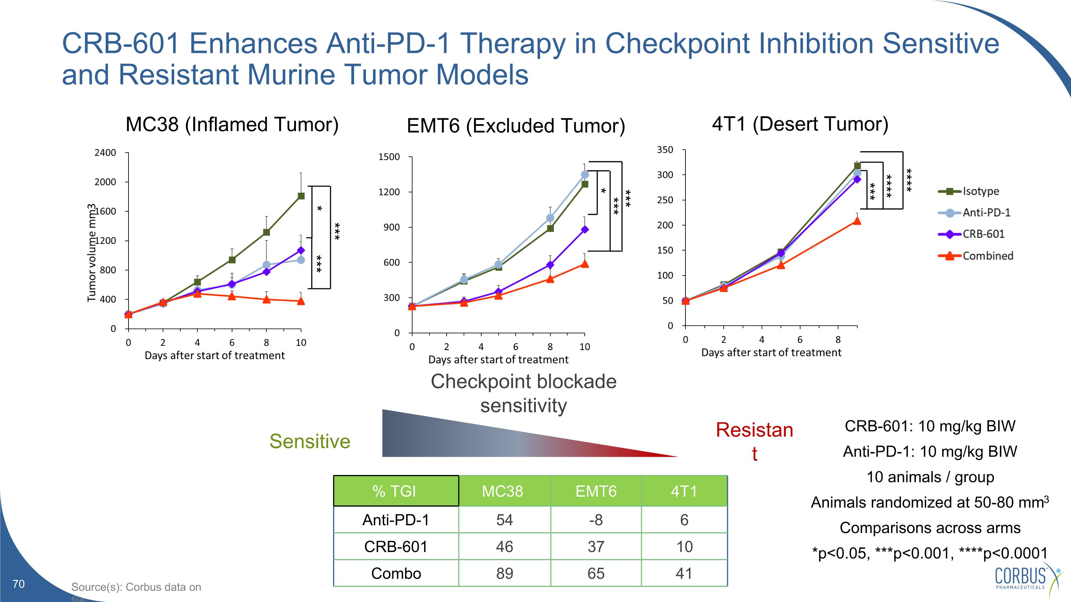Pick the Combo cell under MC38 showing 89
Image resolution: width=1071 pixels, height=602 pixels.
(x=504, y=573)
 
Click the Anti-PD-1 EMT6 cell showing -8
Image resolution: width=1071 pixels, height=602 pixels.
(x=596, y=520)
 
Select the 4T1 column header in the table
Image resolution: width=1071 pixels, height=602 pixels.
(x=684, y=491)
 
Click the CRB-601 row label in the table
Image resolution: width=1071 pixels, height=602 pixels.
(x=396, y=547)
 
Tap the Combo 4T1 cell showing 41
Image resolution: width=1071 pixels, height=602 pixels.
(x=684, y=573)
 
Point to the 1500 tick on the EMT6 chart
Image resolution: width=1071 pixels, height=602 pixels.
(x=389, y=157)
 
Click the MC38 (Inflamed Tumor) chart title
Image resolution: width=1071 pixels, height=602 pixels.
(x=232, y=124)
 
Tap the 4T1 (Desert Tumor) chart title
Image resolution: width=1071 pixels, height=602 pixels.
(x=800, y=124)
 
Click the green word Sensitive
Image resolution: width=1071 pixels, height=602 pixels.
(x=310, y=441)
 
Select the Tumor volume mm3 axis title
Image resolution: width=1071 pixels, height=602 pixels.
(x=91, y=253)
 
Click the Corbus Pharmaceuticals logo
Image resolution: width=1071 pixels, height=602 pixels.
(x=1027, y=578)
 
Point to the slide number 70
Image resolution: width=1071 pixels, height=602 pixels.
(x=19, y=584)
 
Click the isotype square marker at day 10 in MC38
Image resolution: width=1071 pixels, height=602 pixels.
(x=301, y=196)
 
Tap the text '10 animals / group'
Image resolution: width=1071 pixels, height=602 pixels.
(x=930, y=477)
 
